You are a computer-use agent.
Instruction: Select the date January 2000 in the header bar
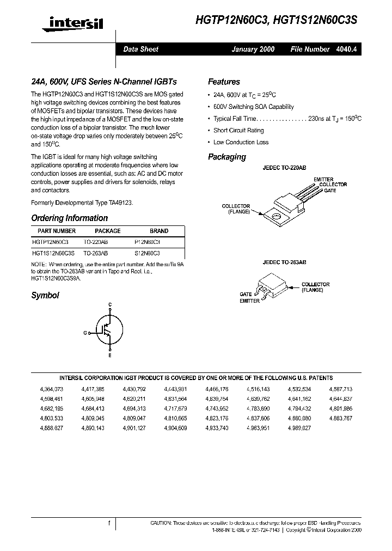[253, 49]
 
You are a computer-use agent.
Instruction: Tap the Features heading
[224, 82]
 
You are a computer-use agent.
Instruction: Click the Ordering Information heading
[70, 218]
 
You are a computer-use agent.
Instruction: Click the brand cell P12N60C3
[147, 242]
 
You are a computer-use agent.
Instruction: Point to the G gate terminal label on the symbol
[85, 331]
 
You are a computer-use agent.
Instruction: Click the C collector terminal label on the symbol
[110, 304]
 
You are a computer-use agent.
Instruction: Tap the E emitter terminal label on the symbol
[110, 356]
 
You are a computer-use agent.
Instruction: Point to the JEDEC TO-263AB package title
[284, 262]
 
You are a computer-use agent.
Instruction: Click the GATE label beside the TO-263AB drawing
[246, 294]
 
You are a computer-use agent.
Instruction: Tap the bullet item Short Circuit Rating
[238, 131]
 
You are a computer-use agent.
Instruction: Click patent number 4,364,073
[52, 389]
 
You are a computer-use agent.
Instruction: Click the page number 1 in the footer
[109, 523]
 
